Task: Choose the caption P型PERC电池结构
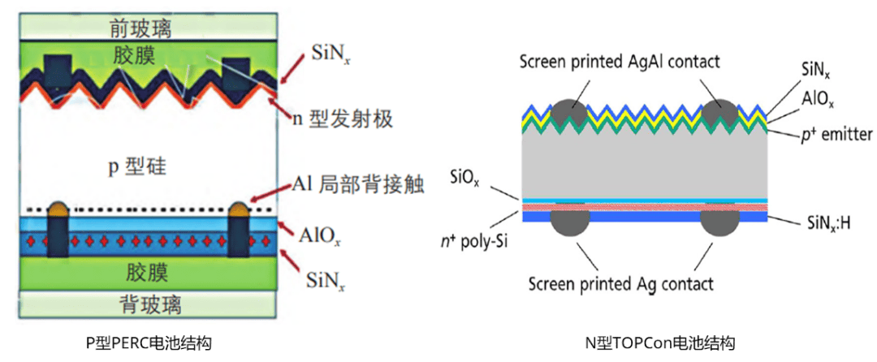149,343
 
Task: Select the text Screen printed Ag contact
621,283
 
